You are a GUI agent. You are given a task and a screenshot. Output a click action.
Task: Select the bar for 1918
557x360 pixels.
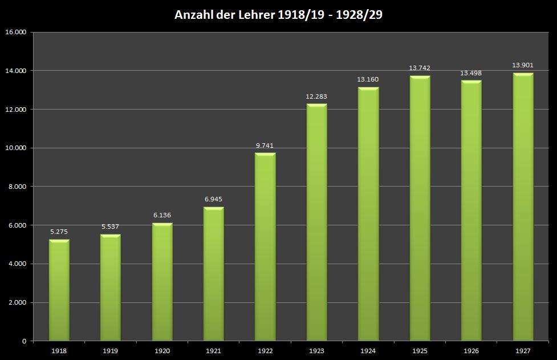pos(59,290)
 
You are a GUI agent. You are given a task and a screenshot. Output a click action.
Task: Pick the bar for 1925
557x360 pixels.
pos(420,208)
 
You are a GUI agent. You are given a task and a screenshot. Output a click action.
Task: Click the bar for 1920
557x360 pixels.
pos(162,282)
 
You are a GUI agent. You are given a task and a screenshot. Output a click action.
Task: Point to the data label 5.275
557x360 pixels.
pos(59,232)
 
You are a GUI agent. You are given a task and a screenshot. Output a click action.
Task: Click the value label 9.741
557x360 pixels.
pos(265,145)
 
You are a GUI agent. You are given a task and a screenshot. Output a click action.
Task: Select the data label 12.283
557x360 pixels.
pos(316,96)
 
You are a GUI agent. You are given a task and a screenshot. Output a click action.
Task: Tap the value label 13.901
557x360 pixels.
pos(523,65)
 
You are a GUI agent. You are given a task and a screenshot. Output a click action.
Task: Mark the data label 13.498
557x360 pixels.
pos(471,73)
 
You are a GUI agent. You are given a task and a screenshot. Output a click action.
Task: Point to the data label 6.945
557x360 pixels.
pos(213,199)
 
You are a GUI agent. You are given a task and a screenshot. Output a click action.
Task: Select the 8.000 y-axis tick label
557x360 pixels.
pos(17,187)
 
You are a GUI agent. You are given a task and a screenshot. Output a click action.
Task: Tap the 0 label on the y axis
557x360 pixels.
pos(24,341)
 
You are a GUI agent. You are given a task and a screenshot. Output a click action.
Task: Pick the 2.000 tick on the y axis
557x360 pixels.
pos(17,302)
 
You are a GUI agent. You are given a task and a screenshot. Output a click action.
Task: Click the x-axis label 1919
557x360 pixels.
pos(110,351)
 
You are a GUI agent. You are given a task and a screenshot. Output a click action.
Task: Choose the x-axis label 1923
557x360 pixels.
pos(316,351)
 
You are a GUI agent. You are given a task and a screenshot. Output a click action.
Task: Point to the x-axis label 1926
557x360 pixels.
pos(471,351)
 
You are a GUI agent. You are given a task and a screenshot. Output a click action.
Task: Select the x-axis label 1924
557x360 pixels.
pos(368,351)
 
